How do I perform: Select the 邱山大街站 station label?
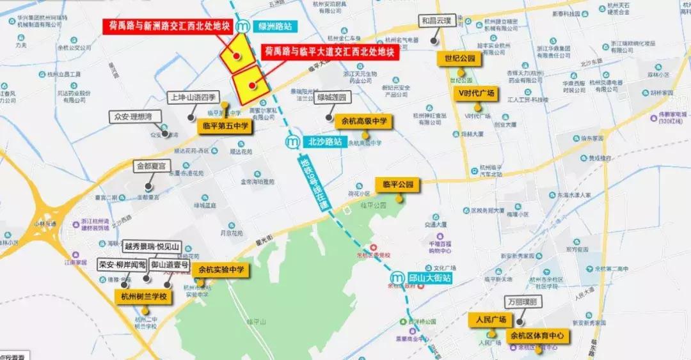click(x=429, y=278)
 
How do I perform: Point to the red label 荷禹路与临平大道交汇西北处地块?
click(x=330, y=51)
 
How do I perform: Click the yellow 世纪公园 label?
click(x=460, y=59)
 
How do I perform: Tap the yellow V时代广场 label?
click(x=475, y=93)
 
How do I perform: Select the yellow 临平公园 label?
click(x=398, y=185)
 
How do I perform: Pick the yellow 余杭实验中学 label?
click(x=221, y=270)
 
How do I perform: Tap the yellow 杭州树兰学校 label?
click(x=144, y=297)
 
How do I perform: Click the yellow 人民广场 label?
click(x=491, y=319)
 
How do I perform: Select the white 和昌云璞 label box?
click(x=436, y=20)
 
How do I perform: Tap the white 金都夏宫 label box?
click(x=150, y=166)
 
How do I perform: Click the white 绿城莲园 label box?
click(x=331, y=97)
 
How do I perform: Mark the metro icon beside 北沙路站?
click(x=293, y=141)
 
